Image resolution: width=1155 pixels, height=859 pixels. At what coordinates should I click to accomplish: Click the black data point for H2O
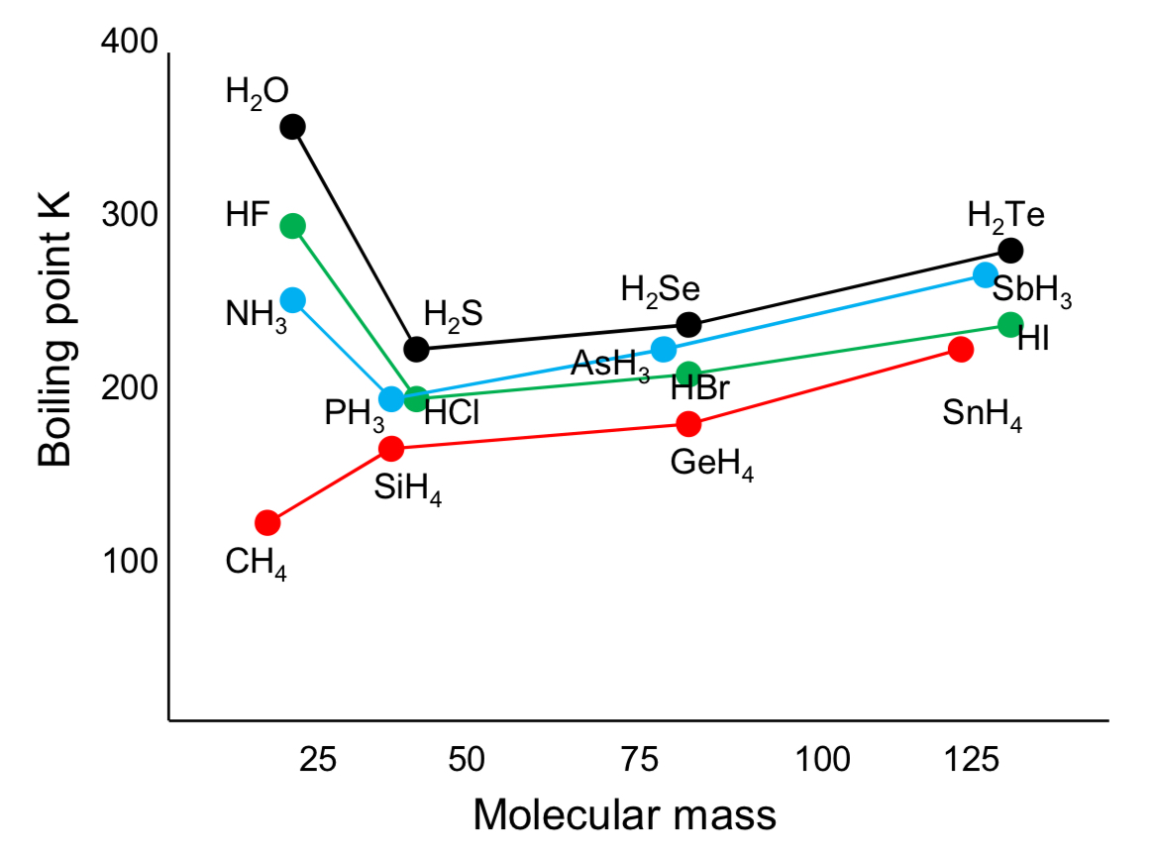click(x=292, y=127)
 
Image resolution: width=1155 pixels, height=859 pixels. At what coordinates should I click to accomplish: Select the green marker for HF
click(x=292, y=226)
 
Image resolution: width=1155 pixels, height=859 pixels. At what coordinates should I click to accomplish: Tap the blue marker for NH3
click(x=292, y=299)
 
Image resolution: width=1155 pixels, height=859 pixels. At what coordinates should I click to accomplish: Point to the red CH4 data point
click(x=267, y=522)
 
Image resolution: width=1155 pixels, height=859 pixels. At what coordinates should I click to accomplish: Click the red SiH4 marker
click(x=391, y=448)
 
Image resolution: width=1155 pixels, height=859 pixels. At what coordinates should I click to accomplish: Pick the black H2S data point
click(x=416, y=349)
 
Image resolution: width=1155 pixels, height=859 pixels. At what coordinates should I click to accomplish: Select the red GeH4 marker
click(x=688, y=423)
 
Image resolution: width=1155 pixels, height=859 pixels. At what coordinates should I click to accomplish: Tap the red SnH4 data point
click(x=961, y=349)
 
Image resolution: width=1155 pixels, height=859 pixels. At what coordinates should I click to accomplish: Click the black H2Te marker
click(x=1010, y=250)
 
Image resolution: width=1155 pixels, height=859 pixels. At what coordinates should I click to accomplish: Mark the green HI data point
click(x=1010, y=324)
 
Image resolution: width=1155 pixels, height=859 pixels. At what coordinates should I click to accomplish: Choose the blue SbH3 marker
click(x=986, y=274)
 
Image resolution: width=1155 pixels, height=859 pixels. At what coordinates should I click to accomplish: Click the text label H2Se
click(x=660, y=290)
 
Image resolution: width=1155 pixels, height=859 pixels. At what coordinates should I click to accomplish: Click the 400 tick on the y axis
click(x=130, y=43)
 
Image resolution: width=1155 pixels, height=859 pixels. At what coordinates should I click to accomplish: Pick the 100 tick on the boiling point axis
click(x=130, y=562)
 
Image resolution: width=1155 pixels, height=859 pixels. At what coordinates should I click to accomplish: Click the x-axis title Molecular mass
click(x=624, y=815)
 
